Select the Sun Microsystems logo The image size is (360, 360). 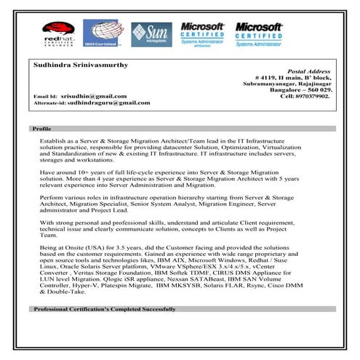point(151,34)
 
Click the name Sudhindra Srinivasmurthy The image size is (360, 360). point(81,65)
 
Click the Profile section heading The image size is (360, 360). point(41,129)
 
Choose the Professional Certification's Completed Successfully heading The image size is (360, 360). point(104,309)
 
